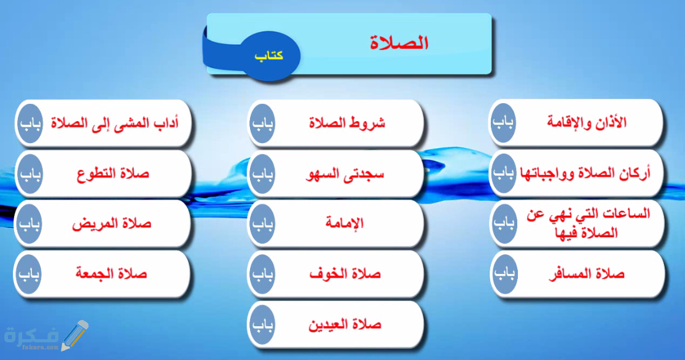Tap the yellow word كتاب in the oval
coord(268,55)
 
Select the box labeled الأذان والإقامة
coord(587,122)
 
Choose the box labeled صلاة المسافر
coord(586,274)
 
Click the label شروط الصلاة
coord(347,122)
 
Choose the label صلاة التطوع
coord(113,173)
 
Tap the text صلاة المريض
coord(113,224)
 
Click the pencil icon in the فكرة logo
coord(73,335)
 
